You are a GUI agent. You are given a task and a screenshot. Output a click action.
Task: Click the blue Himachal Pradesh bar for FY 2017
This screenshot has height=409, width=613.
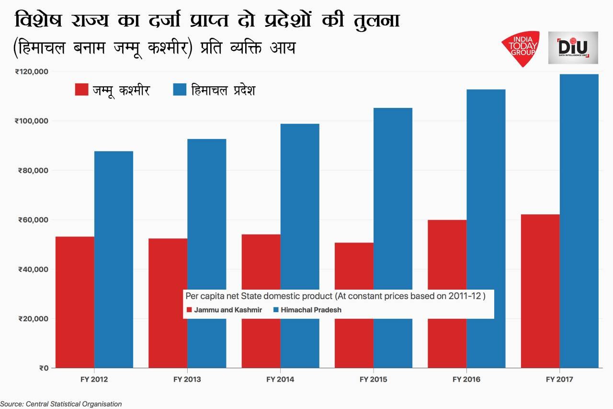click(579, 221)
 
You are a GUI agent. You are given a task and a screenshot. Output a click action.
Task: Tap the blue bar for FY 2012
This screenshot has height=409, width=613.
click(114, 259)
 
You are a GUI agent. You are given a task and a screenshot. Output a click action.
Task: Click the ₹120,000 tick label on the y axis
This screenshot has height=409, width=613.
click(32, 71)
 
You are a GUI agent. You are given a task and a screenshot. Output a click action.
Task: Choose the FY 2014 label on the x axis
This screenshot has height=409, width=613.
click(280, 380)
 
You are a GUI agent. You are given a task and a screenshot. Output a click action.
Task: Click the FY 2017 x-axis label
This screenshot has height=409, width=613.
click(559, 380)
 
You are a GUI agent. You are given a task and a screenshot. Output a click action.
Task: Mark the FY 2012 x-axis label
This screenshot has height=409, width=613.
click(94, 380)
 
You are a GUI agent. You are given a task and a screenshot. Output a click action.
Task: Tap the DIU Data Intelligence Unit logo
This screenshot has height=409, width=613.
click(573, 48)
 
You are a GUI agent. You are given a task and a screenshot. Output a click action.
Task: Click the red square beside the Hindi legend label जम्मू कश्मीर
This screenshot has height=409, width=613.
click(81, 90)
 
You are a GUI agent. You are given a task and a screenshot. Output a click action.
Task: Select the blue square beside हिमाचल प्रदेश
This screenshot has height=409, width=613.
click(180, 90)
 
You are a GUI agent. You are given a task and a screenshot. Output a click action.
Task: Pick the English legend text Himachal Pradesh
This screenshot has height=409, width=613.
click(311, 310)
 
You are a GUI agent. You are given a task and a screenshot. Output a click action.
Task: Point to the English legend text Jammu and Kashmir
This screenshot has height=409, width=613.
click(228, 310)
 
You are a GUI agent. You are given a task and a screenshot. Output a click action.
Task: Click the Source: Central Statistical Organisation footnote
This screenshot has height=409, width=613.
click(61, 404)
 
